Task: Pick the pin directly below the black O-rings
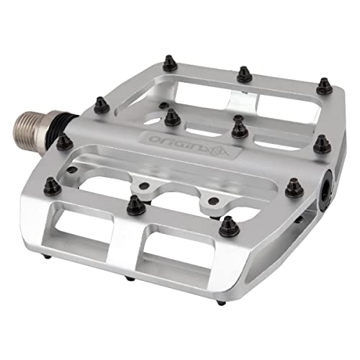pos(63,140)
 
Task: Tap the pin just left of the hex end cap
pos(292,189)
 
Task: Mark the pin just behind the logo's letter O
pos(171,117)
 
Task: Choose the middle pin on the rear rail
pos(243,73)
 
